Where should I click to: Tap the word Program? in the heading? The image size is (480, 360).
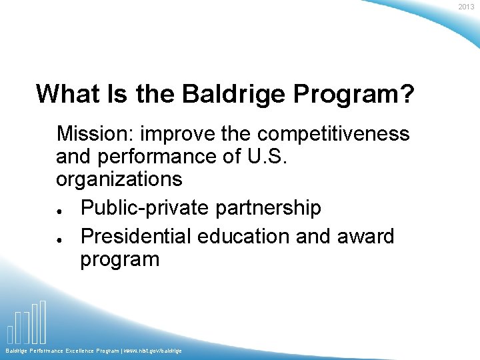(355, 94)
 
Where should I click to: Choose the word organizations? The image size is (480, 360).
(119, 179)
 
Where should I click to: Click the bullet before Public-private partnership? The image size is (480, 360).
(60, 209)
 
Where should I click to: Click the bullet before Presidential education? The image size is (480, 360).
(60, 238)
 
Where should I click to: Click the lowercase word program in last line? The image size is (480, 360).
(120, 259)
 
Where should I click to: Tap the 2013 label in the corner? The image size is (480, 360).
(466, 7)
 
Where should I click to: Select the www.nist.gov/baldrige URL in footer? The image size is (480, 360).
(152, 351)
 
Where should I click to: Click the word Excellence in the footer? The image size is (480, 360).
(80, 351)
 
